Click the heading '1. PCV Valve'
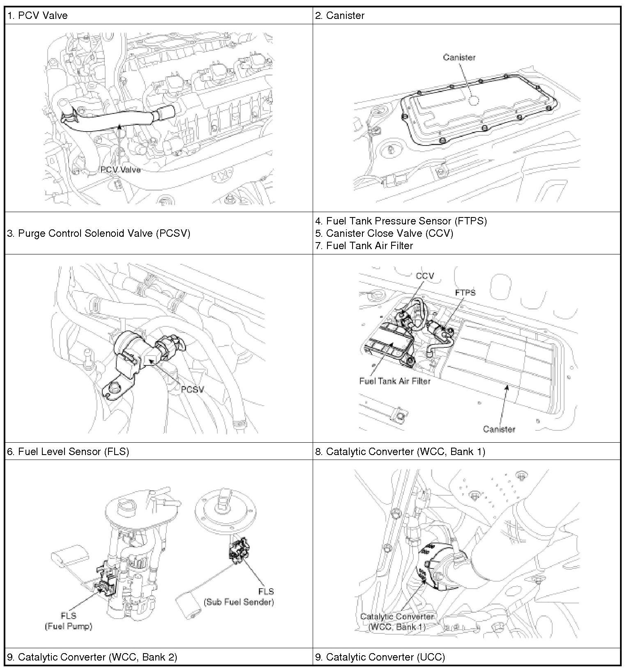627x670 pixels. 37,16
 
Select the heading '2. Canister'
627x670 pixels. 340,16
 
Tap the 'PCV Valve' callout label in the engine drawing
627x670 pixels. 120,169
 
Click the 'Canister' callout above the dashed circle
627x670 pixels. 459,58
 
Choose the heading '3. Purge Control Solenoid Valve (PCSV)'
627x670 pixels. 99,233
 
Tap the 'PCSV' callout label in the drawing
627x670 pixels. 192,389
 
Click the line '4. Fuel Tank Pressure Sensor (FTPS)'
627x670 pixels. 401,221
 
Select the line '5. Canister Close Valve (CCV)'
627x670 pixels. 384,233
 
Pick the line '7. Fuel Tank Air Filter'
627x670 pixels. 364,246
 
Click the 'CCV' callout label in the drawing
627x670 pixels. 425,276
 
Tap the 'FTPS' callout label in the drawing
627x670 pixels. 466,293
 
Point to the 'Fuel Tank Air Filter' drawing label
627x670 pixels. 395,381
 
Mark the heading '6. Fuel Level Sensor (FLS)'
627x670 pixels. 68,452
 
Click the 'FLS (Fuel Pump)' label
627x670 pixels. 69,621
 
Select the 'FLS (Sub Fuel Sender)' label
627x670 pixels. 239,597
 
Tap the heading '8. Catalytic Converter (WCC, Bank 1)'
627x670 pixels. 400,452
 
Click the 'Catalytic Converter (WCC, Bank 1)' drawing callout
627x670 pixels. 397,621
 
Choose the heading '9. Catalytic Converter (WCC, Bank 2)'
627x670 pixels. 92,657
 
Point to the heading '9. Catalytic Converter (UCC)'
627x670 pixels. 380,657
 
